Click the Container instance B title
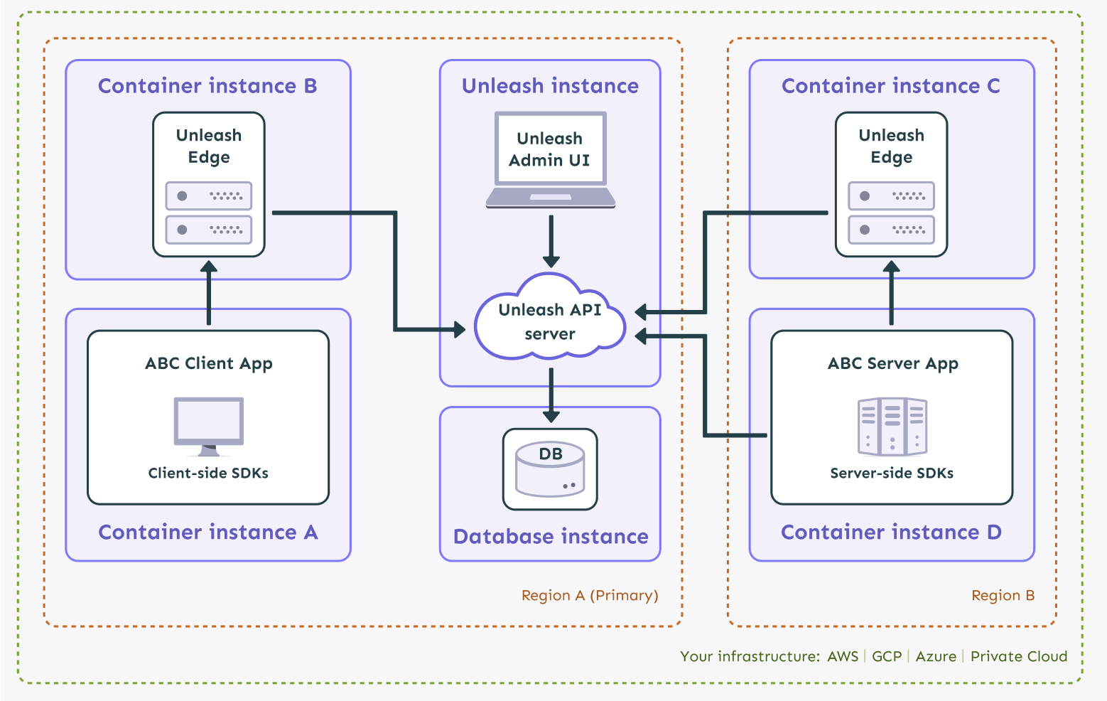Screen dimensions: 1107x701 (x=207, y=85)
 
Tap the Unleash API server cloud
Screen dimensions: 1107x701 (x=550, y=316)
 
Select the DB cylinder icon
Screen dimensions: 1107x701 (x=550, y=469)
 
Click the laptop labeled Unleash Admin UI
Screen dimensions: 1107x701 (x=550, y=160)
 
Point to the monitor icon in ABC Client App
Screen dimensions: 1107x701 (x=209, y=426)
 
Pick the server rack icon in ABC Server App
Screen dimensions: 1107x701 (x=892, y=426)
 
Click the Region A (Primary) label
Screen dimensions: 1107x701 (x=590, y=595)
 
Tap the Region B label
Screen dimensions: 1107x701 (x=1003, y=595)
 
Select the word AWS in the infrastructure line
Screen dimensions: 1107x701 (x=843, y=656)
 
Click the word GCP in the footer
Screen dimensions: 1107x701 (x=887, y=656)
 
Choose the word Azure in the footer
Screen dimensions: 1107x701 (x=936, y=656)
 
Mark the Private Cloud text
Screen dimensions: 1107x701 (x=1019, y=656)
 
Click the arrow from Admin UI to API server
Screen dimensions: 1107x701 (x=551, y=241)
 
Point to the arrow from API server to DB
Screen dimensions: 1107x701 (x=551, y=395)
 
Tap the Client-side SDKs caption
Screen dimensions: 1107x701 (x=208, y=473)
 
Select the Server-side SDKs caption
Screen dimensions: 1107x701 (x=892, y=473)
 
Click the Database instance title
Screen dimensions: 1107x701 (x=551, y=536)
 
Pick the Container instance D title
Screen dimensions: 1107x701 (x=891, y=532)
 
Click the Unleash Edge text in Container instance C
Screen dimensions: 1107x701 (x=891, y=146)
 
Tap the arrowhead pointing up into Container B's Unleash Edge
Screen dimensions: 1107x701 (x=209, y=267)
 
